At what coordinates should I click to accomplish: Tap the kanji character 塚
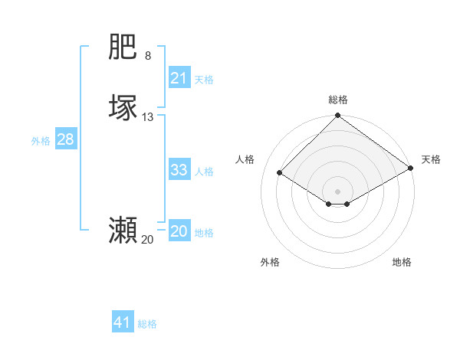[x=123, y=108]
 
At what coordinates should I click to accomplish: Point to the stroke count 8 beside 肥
[x=148, y=56]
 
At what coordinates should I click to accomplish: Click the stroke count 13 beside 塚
[x=148, y=117]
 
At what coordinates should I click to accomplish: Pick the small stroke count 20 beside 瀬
[x=147, y=240]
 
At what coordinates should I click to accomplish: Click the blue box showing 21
[x=179, y=78]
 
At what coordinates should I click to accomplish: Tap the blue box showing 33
[x=179, y=170]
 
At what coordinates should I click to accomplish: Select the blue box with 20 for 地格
[x=179, y=231]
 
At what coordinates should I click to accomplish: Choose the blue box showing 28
[x=65, y=139]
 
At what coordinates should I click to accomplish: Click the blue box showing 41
[x=123, y=322]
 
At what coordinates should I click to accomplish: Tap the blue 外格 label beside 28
[x=41, y=141]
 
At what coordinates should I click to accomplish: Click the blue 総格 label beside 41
[x=147, y=324]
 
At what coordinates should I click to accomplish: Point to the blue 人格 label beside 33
[x=205, y=172]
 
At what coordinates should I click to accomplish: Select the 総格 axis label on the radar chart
[x=338, y=100]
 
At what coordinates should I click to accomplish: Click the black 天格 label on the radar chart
[x=431, y=159]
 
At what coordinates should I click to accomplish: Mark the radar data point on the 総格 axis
[x=338, y=116]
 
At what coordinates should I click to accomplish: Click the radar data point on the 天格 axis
[x=411, y=168]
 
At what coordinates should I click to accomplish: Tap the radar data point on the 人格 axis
[x=280, y=173]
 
